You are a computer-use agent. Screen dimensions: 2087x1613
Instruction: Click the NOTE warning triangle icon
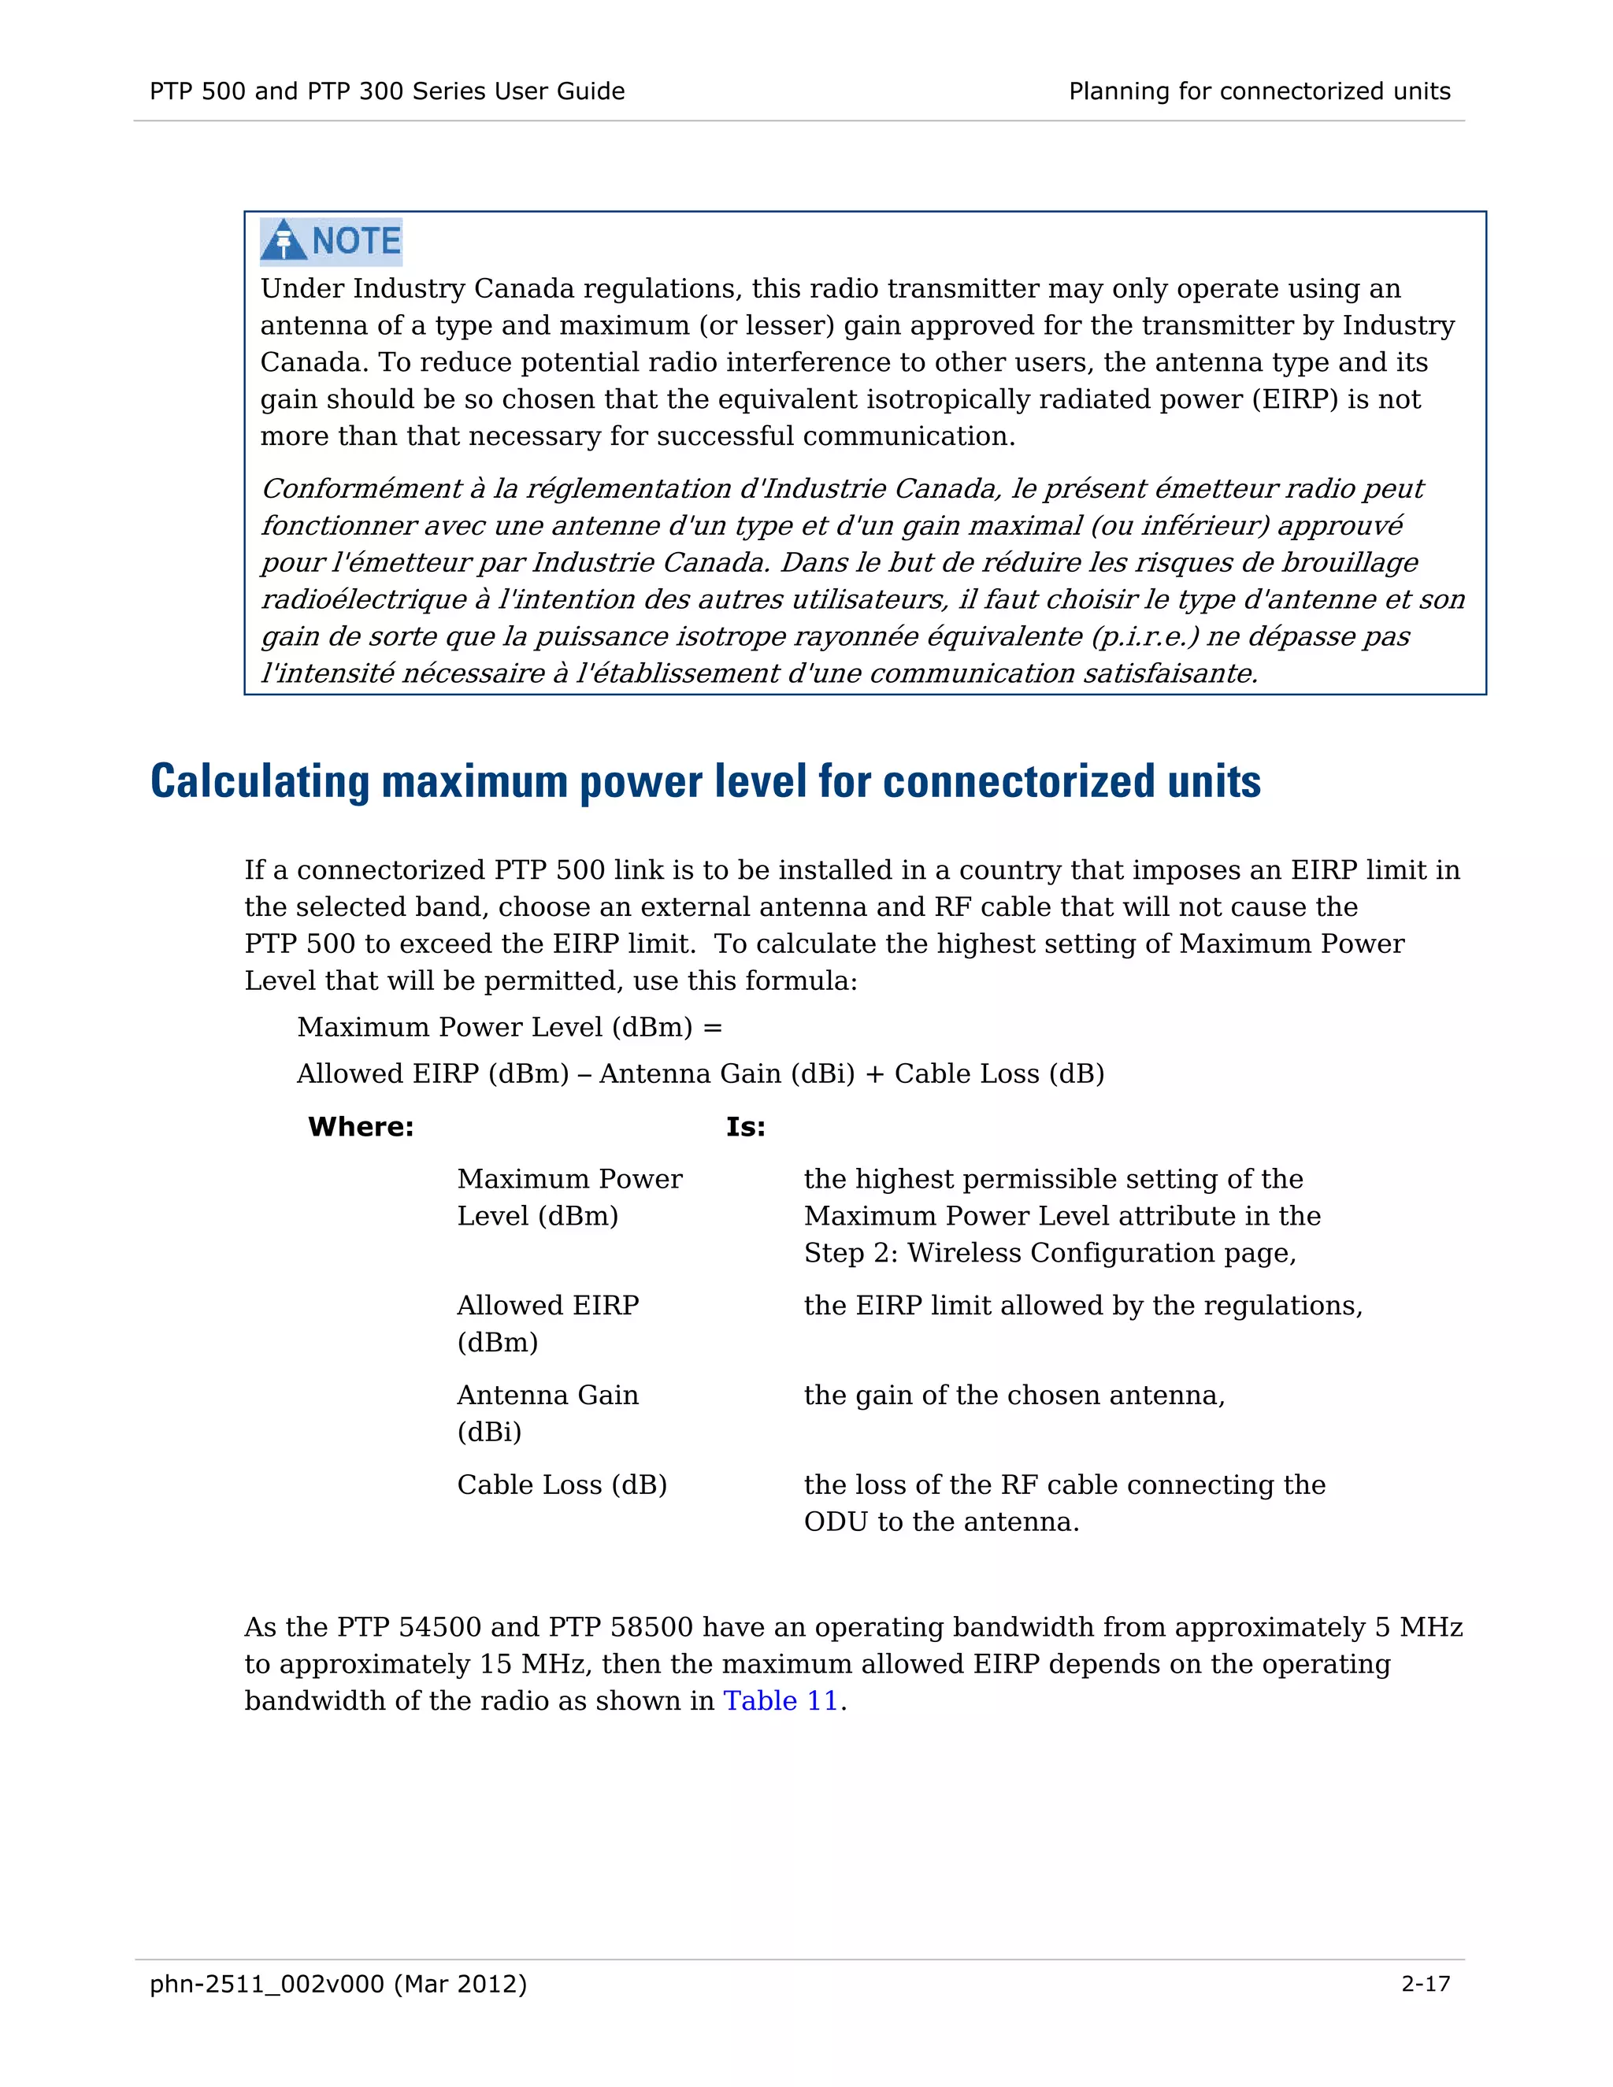[284, 241]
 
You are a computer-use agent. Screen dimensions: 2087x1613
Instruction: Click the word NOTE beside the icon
[357, 241]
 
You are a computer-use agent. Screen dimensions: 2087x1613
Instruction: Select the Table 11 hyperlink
[780, 1700]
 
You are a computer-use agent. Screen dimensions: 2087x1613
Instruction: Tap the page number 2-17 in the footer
[1425, 1983]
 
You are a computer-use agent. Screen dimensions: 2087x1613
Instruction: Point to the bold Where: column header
[360, 1127]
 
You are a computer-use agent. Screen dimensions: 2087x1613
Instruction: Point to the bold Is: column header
[745, 1127]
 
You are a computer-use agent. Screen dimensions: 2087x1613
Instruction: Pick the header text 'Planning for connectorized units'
[1259, 91]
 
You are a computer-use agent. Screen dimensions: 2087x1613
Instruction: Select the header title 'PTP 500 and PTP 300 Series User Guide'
[387, 91]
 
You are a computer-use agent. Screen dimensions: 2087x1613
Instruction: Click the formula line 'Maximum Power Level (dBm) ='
[510, 1026]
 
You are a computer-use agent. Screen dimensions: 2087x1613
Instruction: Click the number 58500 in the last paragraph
[650, 1626]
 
